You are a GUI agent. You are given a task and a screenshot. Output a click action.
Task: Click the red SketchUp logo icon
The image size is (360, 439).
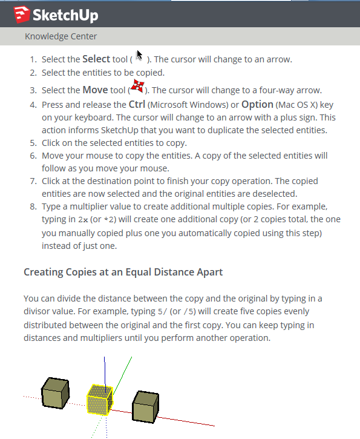pos(22,15)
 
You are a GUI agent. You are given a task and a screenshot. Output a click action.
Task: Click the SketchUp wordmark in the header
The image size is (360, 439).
pos(65,15)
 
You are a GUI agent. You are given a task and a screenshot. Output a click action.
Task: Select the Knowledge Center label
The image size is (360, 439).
pos(61,36)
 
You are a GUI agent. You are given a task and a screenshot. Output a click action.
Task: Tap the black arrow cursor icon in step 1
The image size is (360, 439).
pos(139,56)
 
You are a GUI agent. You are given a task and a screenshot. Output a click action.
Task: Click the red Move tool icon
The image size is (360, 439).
pos(137,85)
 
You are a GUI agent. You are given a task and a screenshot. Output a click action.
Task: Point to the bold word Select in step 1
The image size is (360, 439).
pos(96,59)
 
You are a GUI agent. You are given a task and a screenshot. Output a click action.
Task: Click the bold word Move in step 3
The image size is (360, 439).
pos(95,90)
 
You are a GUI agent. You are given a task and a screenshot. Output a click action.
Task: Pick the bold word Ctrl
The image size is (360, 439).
pos(137,104)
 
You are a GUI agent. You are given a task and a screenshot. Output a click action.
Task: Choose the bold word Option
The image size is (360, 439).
pos(257,104)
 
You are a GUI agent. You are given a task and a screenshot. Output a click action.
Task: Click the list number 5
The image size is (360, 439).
pos(33,143)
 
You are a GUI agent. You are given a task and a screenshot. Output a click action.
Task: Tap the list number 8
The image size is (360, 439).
pos(33,206)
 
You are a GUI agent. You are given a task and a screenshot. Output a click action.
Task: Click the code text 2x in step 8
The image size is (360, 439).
pos(83,219)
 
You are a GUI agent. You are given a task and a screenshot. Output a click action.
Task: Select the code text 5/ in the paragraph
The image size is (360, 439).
pos(162,312)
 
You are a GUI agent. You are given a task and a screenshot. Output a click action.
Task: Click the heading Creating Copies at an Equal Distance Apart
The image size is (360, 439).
pos(123,272)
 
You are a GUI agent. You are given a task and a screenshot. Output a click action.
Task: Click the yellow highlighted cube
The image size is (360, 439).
pos(100,400)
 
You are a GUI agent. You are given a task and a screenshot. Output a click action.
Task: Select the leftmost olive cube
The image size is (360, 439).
pos(56,393)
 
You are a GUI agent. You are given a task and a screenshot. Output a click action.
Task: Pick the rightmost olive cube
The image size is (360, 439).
pos(145,406)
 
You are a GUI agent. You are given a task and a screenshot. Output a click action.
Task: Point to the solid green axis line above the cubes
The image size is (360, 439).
pos(122,376)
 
